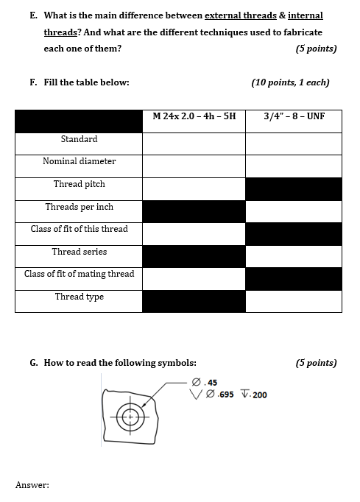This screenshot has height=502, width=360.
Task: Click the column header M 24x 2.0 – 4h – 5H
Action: tap(194, 116)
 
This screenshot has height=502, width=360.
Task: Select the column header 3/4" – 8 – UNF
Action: tap(294, 116)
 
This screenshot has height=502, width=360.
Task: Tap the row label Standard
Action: tap(79, 139)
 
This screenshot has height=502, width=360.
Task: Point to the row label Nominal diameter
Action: tap(79, 161)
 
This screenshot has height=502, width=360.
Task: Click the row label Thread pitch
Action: tap(79, 184)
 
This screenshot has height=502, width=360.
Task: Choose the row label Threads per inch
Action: tap(79, 207)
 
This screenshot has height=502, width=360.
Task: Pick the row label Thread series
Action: tap(79, 252)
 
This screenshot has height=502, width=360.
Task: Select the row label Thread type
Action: tap(79, 297)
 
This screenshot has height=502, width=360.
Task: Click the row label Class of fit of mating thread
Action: tap(79, 274)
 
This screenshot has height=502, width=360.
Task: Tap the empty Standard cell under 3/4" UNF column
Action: tap(294, 144)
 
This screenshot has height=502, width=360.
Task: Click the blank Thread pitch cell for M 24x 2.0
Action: tap(194, 189)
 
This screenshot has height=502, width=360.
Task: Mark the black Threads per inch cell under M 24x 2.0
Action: tap(194, 212)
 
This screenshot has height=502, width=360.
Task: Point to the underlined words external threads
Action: tap(241, 15)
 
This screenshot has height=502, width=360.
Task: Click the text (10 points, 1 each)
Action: tap(290, 82)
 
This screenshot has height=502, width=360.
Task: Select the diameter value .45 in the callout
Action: tap(211, 383)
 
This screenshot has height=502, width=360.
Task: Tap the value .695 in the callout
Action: tap(225, 395)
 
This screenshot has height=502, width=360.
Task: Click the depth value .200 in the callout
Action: tap(259, 395)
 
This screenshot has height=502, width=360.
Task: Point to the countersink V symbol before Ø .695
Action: tap(196, 395)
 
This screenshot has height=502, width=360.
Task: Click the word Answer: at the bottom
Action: tap(32, 485)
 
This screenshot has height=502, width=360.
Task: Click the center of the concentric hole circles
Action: tap(130, 417)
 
